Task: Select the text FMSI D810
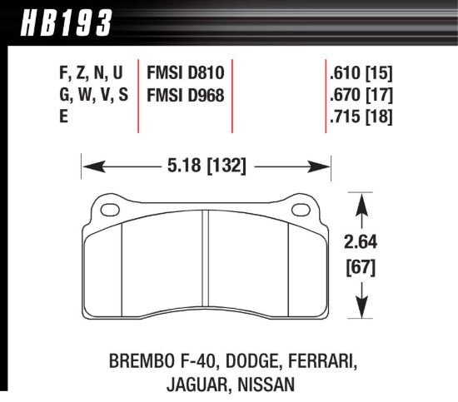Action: click(186, 72)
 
